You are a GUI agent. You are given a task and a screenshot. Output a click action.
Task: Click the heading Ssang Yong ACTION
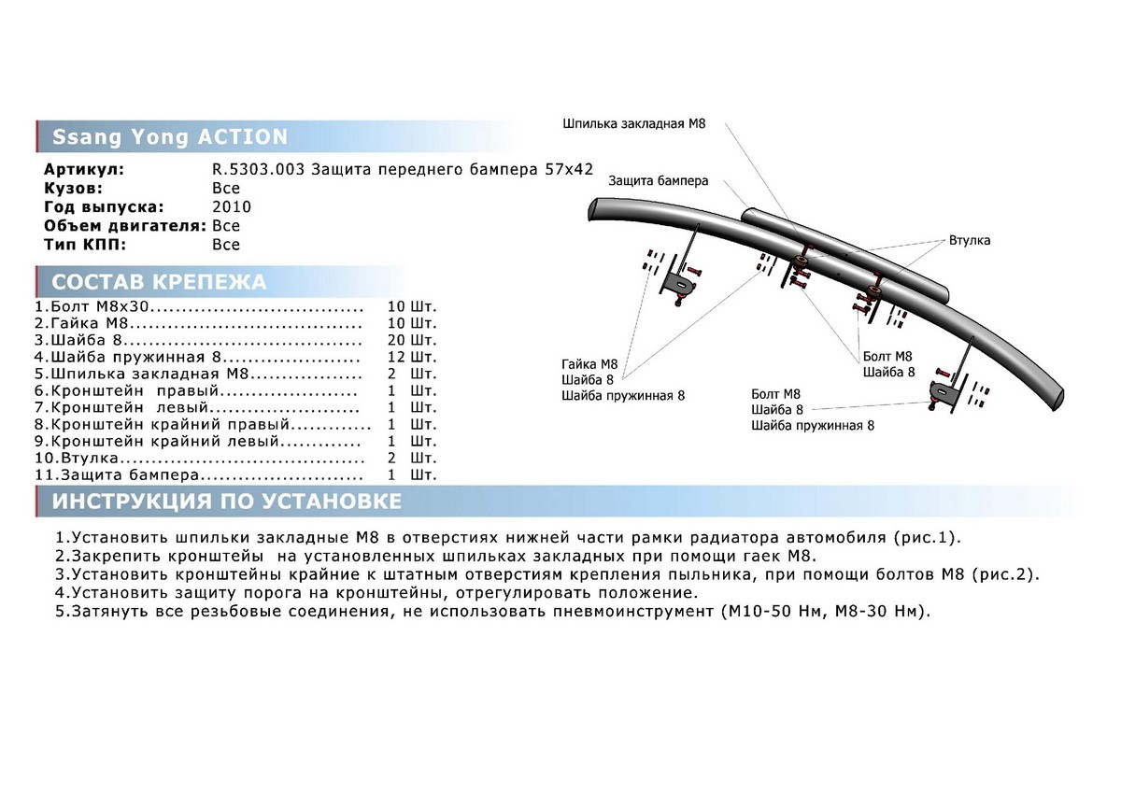coord(169,136)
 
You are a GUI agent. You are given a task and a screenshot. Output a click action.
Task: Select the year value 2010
coord(232,207)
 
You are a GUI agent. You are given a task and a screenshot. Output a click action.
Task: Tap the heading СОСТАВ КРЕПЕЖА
coord(159,282)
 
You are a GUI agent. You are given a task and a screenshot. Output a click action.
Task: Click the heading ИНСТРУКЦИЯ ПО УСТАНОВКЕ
coord(227,502)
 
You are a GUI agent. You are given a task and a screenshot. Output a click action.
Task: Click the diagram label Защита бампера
coord(658,180)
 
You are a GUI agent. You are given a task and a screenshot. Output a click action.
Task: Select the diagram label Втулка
coord(969,240)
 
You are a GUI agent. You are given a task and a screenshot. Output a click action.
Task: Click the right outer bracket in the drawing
coord(943,392)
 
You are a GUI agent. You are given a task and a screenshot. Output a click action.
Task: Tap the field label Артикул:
coord(84,170)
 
